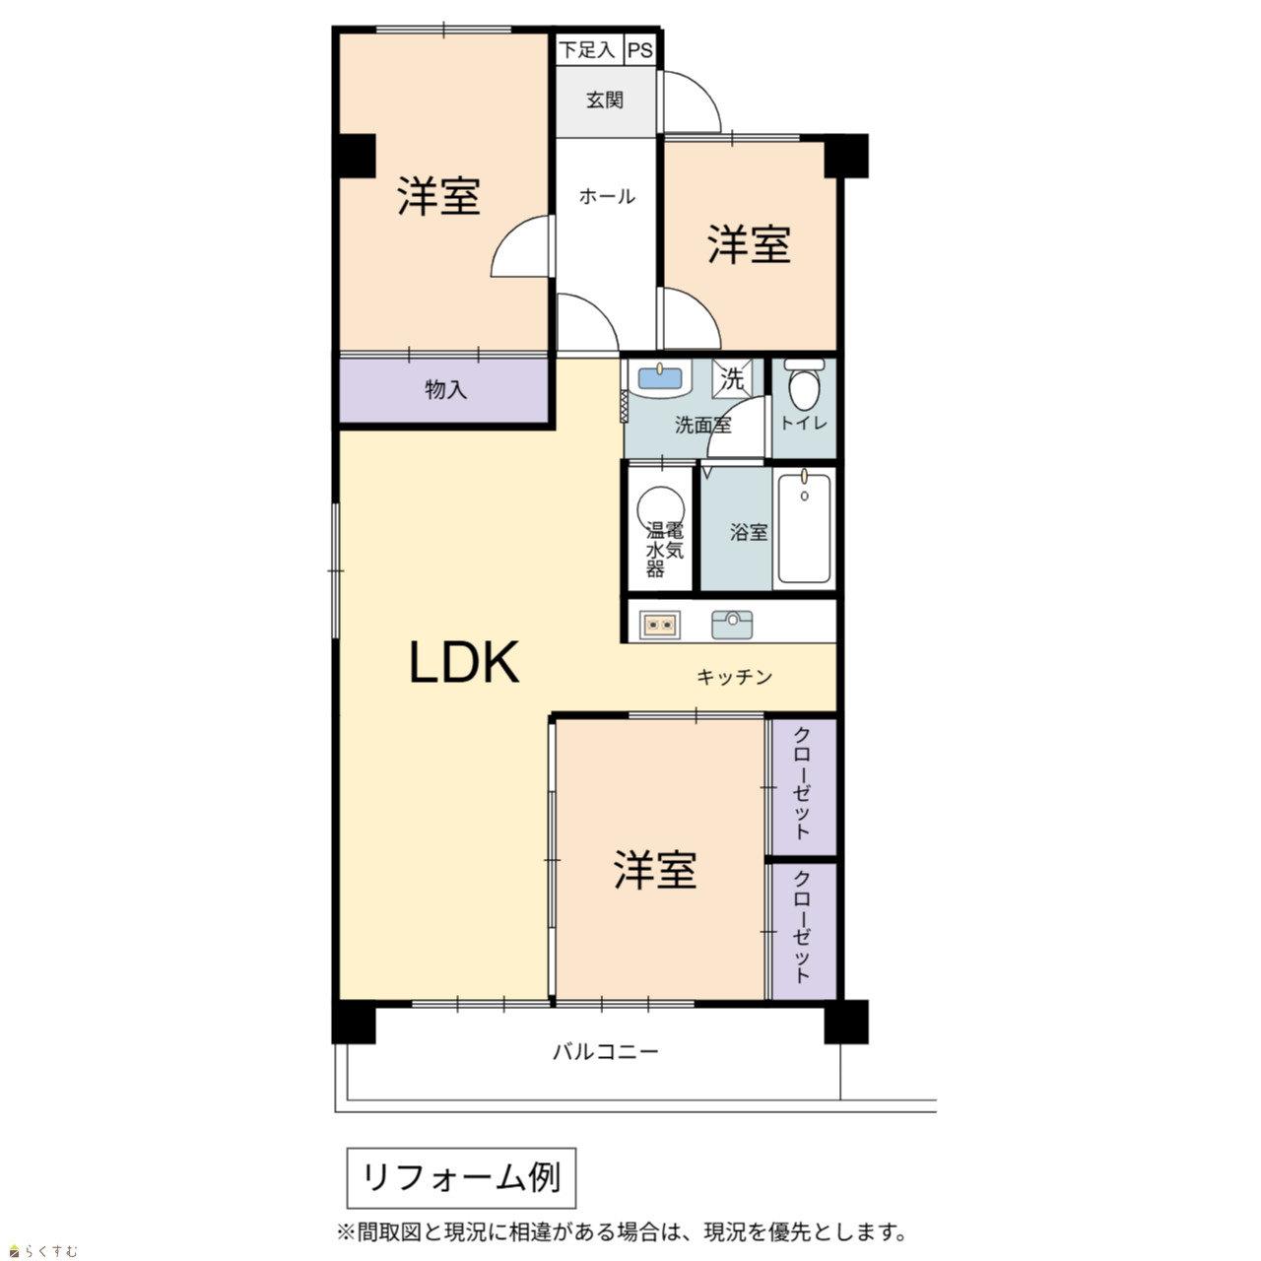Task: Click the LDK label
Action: coord(464,662)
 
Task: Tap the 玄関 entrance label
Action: coord(605,100)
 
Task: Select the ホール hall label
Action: coord(607,196)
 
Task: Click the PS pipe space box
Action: coord(640,49)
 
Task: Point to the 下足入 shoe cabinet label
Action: coord(587,49)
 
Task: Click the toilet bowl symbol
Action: coord(804,386)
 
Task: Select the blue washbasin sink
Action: coord(661,378)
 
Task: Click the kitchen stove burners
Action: coord(660,625)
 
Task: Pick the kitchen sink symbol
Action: coord(732,624)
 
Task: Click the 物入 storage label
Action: coord(445,389)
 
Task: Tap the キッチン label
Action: coord(734,677)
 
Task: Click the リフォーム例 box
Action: coord(461,1178)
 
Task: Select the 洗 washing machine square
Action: coord(732,377)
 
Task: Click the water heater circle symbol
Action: coord(661,508)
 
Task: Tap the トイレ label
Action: coord(804,423)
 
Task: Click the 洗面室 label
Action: coord(702,426)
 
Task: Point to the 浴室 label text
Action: coord(749,532)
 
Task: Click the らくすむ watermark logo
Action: coord(43,1252)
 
